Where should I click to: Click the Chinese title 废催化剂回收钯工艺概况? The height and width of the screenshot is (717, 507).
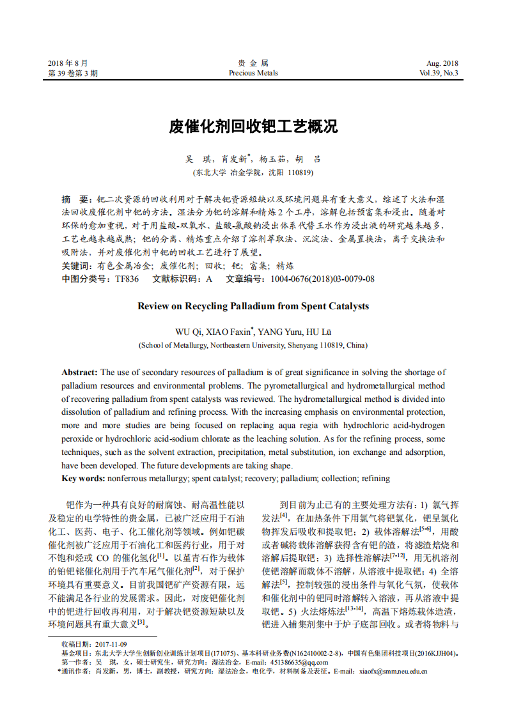(253, 127)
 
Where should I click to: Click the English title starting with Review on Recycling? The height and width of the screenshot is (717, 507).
(253, 306)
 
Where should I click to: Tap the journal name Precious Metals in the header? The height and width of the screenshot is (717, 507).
(253, 73)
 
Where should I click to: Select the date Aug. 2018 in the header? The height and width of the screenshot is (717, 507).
(442, 63)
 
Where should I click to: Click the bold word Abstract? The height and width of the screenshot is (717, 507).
(79, 372)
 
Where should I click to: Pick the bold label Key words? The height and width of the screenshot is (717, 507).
(83, 478)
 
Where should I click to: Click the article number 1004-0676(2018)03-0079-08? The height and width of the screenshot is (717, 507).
(323, 279)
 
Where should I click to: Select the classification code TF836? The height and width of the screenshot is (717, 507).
(127, 279)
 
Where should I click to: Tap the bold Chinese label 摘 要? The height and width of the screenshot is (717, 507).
(76, 199)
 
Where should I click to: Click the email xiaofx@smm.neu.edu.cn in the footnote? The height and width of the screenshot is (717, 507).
(393, 672)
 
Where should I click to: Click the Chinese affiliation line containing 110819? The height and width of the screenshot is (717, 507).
(253, 173)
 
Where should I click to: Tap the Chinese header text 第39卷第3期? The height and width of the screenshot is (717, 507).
(73, 73)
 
